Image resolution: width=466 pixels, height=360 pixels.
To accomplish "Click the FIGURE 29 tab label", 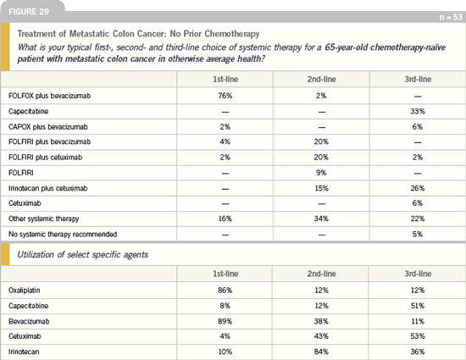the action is pyautogui.click(x=29, y=12).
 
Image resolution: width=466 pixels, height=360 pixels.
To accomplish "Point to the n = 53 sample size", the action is pyautogui.click(x=451, y=17).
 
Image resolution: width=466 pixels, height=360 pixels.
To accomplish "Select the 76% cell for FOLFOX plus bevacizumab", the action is pyautogui.click(x=225, y=96).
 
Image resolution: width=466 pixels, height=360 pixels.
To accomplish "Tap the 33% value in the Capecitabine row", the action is pyautogui.click(x=418, y=111).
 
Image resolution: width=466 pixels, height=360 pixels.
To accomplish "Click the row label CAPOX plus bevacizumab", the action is pyautogui.click(x=48, y=127).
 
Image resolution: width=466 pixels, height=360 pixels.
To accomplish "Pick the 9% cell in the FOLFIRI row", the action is pyautogui.click(x=321, y=173).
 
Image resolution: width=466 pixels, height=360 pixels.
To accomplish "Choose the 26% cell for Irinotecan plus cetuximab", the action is pyautogui.click(x=418, y=188).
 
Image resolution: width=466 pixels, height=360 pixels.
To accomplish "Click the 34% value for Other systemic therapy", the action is pyautogui.click(x=321, y=219).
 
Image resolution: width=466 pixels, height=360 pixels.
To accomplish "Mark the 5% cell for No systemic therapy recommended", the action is pyautogui.click(x=418, y=234).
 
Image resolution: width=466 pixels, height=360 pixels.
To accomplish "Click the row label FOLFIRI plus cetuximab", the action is pyautogui.click(x=46, y=157).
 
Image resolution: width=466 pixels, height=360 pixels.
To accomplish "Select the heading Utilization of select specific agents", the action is pyautogui.click(x=83, y=255).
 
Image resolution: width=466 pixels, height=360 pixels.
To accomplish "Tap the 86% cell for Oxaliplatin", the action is pyautogui.click(x=225, y=291).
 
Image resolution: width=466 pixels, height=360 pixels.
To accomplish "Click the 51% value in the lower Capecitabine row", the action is pyautogui.click(x=418, y=306).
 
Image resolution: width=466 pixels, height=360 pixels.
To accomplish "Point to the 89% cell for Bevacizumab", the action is pyautogui.click(x=225, y=321).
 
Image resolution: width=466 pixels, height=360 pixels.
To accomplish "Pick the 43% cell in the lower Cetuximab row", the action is pyautogui.click(x=321, y=336).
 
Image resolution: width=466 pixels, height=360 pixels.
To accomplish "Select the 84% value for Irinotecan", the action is pyautogui.click(x=321, y=352).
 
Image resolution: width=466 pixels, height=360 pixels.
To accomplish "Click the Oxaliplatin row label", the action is pyautogui.click(x=25, y=291).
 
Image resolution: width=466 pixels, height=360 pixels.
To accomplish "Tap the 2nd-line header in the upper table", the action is pyautogui.click(x=322, y=80).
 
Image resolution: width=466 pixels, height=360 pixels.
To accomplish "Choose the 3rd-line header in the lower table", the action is pyautogui.click(x=418, y=274).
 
